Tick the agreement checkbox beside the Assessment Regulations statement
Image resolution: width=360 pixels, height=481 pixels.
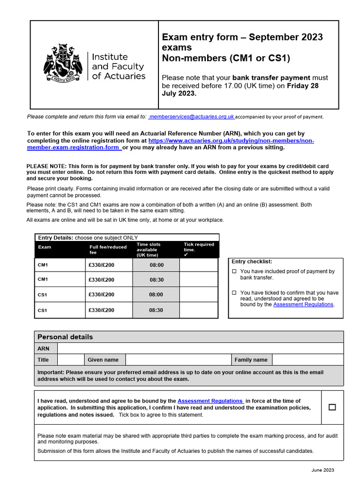click(332, 407)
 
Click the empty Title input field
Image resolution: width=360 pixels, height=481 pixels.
click(70, 360)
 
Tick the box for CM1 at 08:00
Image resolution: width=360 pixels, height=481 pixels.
click(199, 265)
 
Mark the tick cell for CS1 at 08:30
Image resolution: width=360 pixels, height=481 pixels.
click(199, 310)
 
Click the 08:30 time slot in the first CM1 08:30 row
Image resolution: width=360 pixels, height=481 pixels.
click(157, 279)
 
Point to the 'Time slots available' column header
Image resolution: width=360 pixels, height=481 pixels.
click(149, 249)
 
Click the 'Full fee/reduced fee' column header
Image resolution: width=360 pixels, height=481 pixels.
click(108, 249)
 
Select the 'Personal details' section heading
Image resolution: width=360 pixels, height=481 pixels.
click(65, 337)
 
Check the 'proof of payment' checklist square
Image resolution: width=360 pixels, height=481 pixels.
click(235, 272)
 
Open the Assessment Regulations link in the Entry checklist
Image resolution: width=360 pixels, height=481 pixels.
click(303, 304)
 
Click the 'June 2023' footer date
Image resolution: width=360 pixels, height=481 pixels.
click(322, 470)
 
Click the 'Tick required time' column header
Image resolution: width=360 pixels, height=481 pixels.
click(199, 247)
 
